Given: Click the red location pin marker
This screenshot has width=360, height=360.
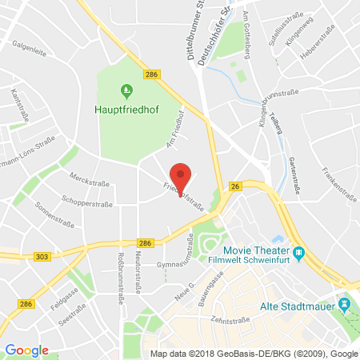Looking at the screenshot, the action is (182, 175).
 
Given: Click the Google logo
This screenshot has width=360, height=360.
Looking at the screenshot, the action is (27, 350).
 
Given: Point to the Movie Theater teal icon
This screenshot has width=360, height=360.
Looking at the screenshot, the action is (298, 254).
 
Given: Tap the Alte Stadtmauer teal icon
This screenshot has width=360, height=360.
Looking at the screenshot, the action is (344, 304).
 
